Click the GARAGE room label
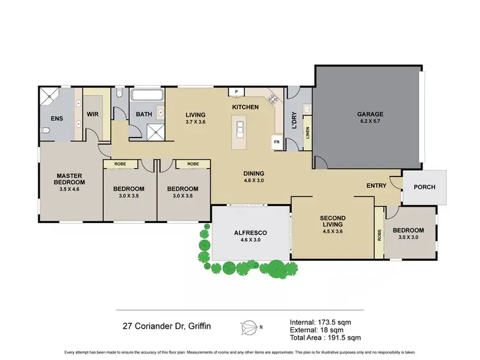click(370, 114)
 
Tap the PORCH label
click(425, 187)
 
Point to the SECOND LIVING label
click(332, 221)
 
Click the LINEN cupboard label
click(307, 133)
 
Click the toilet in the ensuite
click(44, 131)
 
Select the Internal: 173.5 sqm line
click(320, 321)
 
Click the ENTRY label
click(376, 185)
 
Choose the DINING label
click(254, 173)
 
